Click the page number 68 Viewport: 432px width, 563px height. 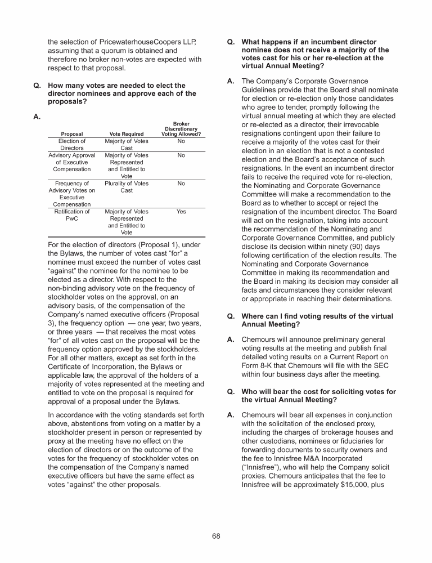216,535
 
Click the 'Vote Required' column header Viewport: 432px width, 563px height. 127,134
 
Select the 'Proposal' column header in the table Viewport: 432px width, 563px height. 72,134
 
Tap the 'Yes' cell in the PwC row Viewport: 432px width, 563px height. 181,212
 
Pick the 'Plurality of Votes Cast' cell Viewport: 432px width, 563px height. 127,187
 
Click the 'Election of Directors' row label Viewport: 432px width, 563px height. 72,145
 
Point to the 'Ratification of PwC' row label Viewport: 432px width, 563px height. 72,215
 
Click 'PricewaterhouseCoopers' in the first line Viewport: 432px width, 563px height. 137,42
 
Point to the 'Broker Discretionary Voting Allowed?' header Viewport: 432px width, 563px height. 181,129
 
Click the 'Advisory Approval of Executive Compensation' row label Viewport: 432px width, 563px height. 72,162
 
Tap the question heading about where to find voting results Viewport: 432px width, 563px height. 317,320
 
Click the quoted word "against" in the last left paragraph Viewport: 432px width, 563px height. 92,484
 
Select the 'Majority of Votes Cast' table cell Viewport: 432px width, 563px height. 127,145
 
